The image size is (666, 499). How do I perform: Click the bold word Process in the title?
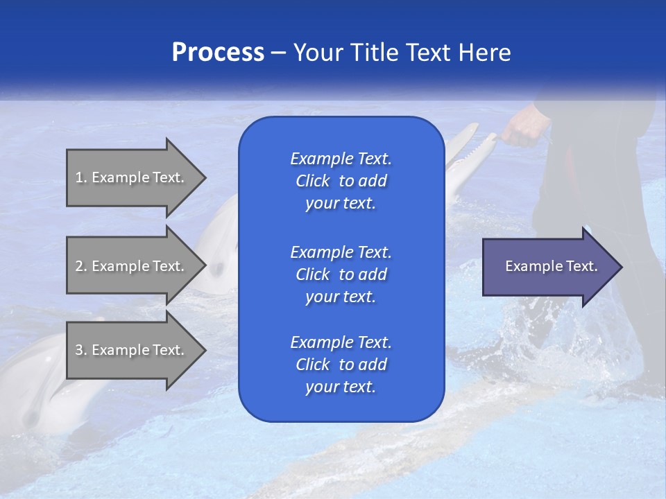(218, 53)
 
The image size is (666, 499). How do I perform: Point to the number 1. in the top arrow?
(81, 177)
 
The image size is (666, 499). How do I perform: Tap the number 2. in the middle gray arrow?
(81, 266)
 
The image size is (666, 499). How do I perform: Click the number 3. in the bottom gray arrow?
(81, 350)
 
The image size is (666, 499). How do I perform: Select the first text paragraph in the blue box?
(341, 181)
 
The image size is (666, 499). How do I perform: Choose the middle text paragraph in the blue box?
(341, 274)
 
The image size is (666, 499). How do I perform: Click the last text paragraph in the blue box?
(341, 365)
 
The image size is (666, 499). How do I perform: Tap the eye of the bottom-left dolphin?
(31, 417)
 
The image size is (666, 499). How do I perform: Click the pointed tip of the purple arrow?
(620, 267)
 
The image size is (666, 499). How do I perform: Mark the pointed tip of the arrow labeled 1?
(205, 177)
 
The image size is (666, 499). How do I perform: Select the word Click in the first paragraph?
(313, 181)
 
